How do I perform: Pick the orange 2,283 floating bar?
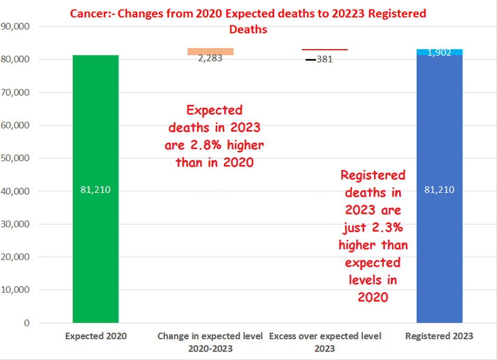210,51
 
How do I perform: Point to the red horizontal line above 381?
325,50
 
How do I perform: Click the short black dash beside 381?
310,60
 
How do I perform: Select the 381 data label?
325,59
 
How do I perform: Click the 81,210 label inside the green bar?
96,190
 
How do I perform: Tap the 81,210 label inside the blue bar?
439,190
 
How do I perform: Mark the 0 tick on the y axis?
26,322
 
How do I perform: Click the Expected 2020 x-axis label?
96,336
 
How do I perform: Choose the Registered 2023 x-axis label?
439,336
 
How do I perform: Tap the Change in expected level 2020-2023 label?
210,342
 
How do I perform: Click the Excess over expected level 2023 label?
325,342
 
